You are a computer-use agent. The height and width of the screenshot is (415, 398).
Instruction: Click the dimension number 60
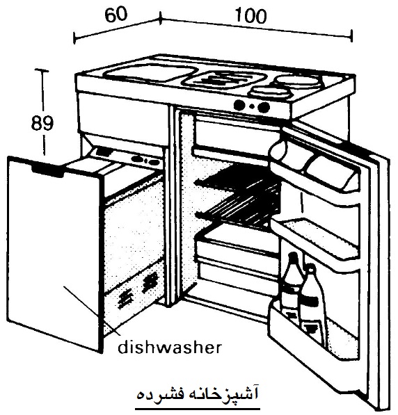tap(116, 15)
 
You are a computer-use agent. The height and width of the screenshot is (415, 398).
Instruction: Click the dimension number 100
tap(250, 16)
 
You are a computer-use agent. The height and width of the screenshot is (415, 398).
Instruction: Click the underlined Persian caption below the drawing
tap(197, 394)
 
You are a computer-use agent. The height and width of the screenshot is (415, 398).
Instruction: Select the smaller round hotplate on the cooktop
tap(270, 92)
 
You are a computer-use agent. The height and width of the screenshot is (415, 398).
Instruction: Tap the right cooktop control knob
tap(264, 107)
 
